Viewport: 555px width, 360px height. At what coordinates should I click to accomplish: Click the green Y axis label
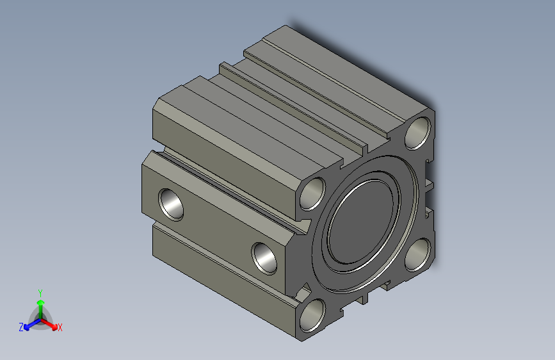pyautogui.click(x=40, y=291)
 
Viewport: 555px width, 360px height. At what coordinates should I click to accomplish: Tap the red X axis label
pyautogui.click(x=60, y=328)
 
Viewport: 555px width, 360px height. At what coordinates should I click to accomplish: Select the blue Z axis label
pyautogui.click(x=21, y=327)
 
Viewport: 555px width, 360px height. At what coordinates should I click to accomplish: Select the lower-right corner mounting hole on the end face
pyautogui.click(x=418, y=254)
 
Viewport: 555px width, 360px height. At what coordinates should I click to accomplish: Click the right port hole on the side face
pyautogui.click(x=264, y=258)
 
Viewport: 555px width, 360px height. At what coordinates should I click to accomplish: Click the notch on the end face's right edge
pyautogui.click(x=430, y=185)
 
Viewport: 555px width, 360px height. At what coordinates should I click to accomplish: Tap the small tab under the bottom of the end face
pyautogui.click(x=364, y=299)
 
